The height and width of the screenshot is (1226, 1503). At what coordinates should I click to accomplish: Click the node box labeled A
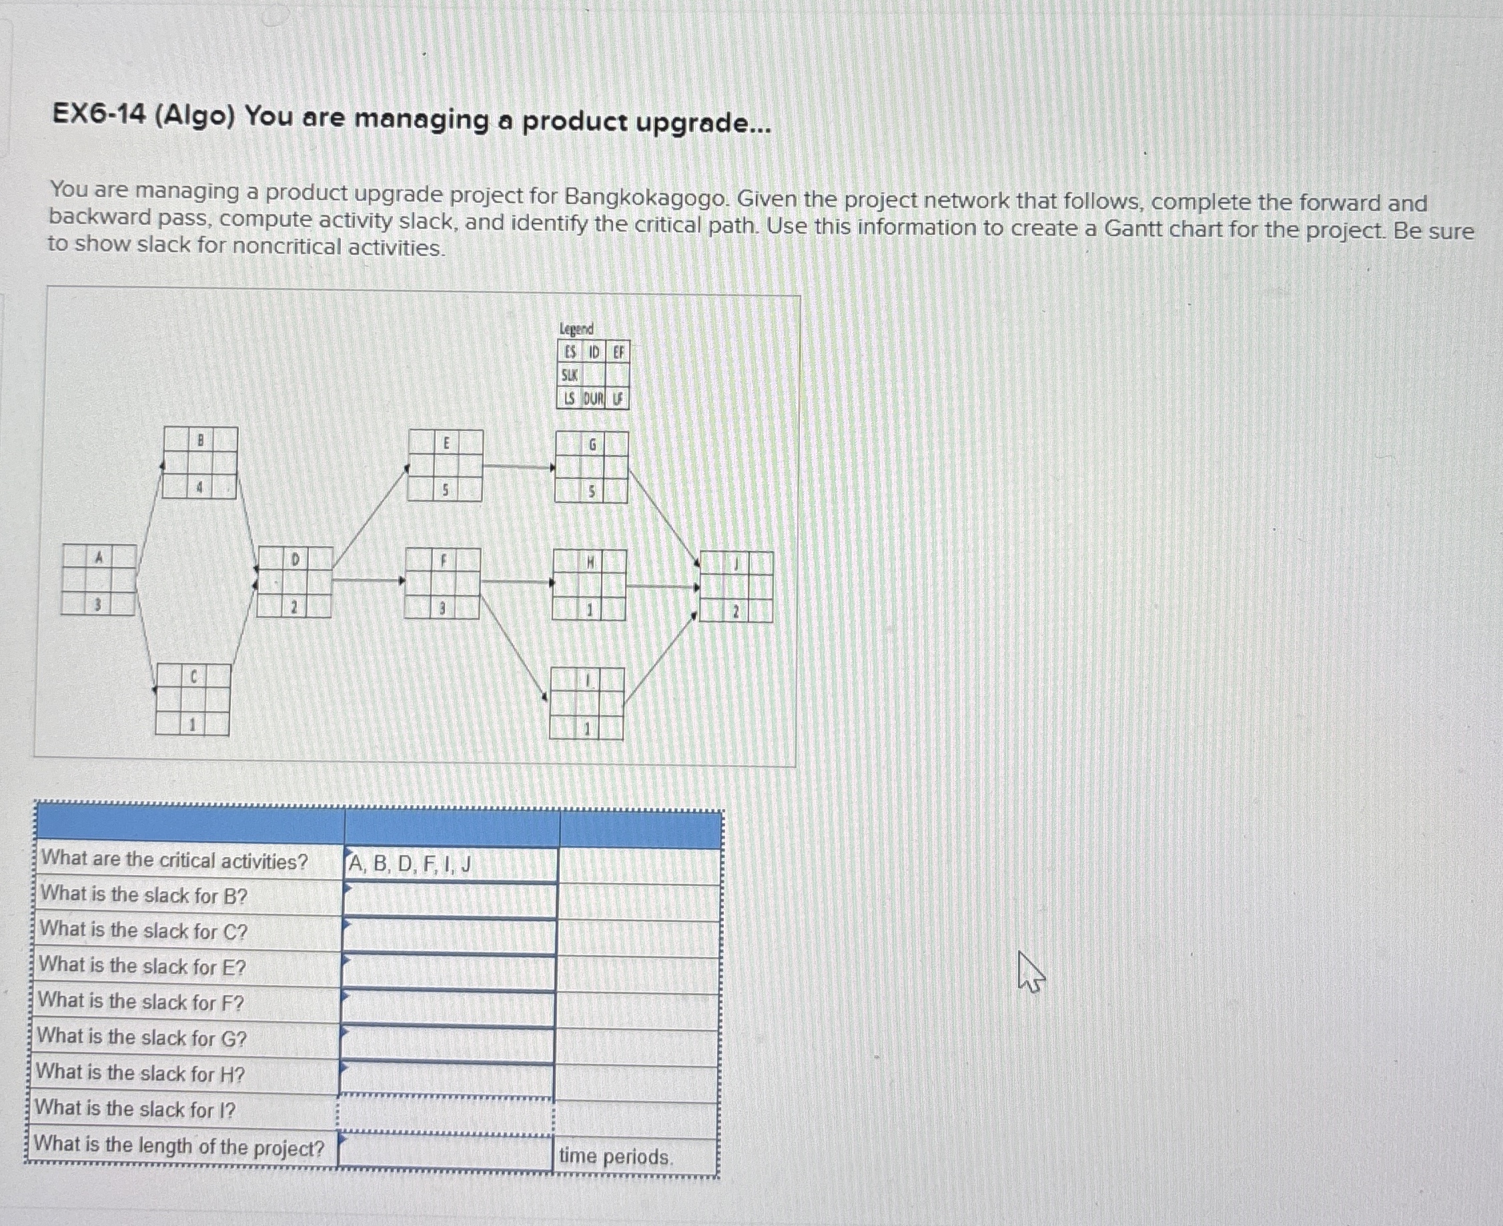99,580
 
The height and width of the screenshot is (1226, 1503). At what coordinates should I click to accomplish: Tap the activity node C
193,700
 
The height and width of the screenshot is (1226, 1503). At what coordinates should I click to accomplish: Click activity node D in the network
294,582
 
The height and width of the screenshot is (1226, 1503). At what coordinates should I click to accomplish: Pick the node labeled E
446,466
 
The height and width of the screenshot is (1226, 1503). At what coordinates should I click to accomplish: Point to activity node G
592,468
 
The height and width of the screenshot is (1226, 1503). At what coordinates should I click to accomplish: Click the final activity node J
736,587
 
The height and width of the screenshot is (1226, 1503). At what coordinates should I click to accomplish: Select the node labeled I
587,704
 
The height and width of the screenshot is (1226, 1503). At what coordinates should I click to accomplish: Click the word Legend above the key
576,329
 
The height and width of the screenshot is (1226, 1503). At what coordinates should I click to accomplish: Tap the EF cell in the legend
618,352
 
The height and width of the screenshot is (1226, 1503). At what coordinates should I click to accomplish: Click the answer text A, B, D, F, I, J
410,864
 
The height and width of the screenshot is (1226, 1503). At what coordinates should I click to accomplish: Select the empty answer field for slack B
449,900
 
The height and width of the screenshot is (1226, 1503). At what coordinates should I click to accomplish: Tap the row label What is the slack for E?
143,966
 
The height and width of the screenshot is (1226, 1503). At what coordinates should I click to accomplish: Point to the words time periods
616,1157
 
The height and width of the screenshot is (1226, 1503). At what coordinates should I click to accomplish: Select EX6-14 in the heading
98,115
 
